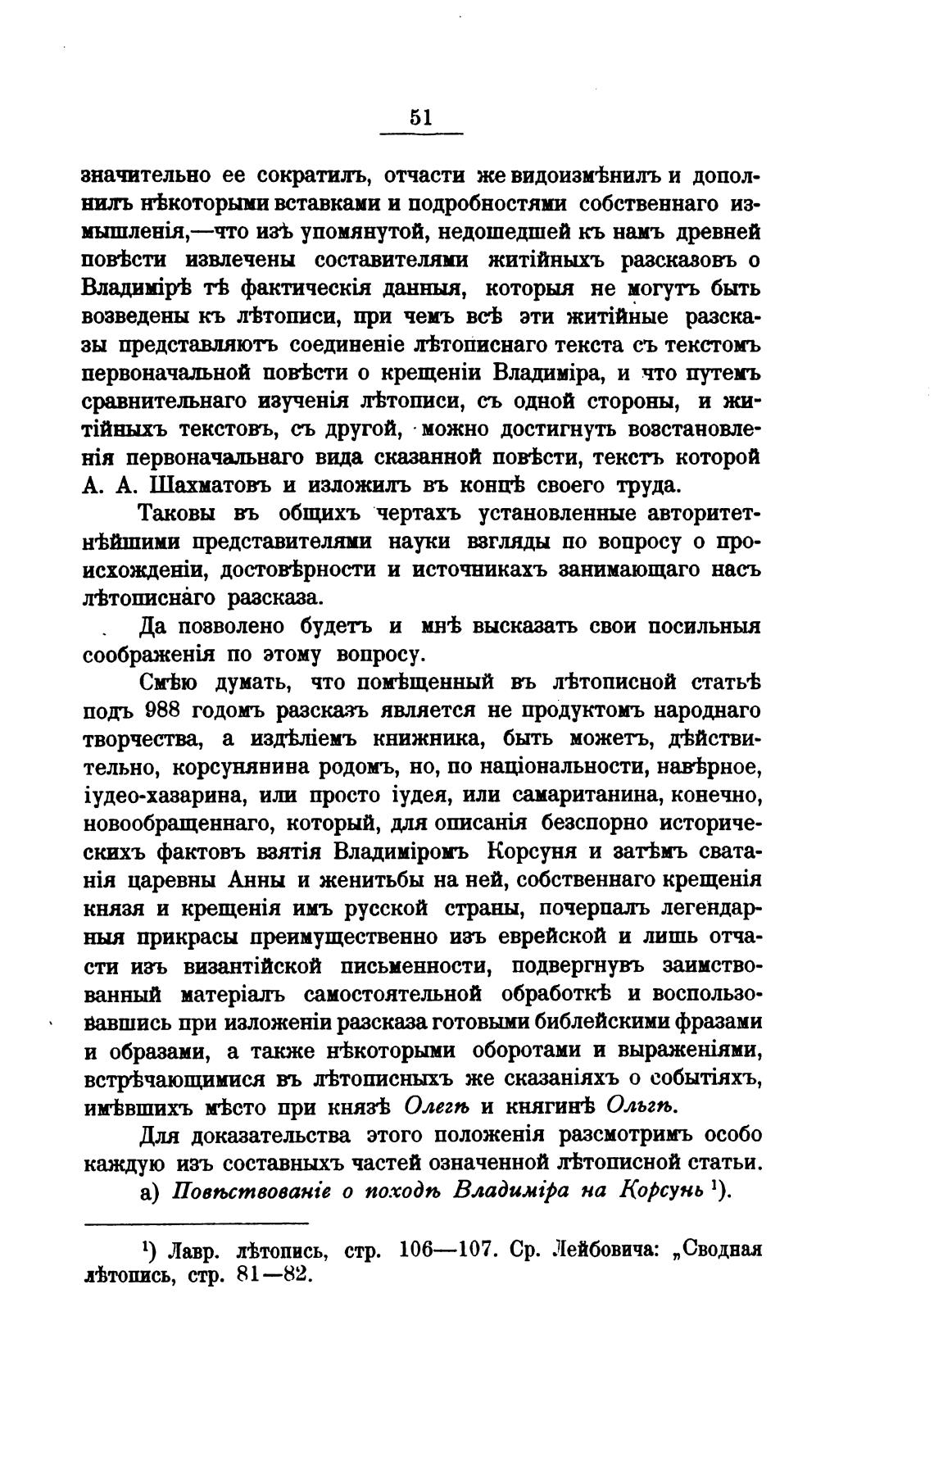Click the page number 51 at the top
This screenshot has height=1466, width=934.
(x=420, y=117)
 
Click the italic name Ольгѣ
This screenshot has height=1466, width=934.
(x=640, y=1106)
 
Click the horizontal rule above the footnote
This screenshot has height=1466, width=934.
(x=197, y=1224)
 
